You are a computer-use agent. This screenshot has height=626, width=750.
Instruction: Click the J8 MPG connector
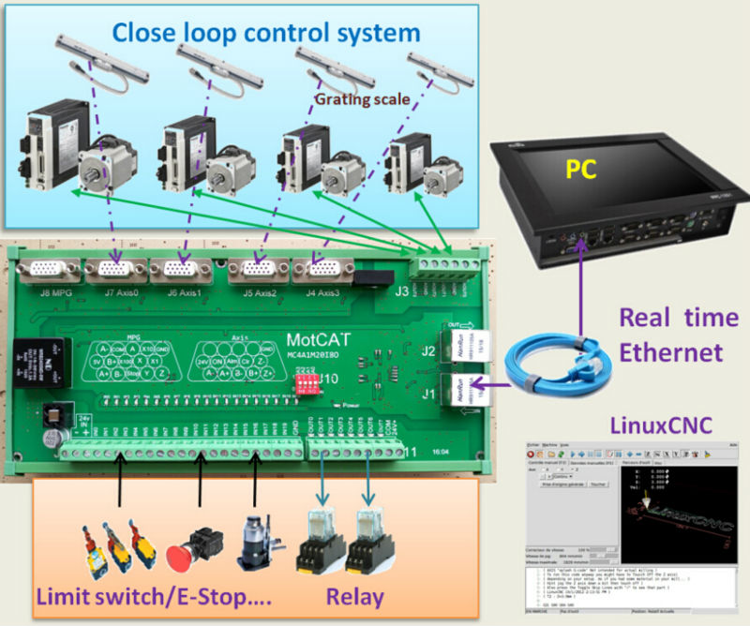pos(49,272)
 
